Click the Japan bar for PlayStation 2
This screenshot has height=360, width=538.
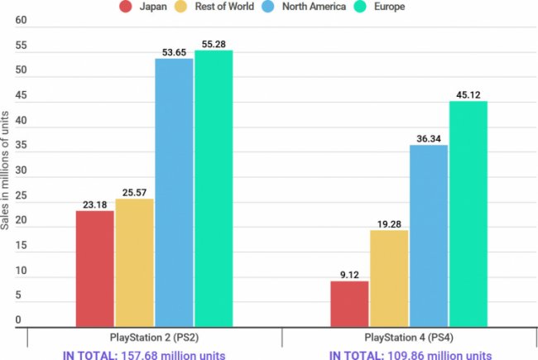click(x=94, y=268)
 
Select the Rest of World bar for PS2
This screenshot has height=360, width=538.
click(x=134, y=262)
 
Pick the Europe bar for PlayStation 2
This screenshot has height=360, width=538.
click(x=214, y=188)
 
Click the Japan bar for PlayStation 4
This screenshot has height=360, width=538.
click(x=349, y=303)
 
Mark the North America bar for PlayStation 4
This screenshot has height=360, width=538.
click(x=429, y=235)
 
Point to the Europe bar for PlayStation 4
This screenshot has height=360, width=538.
click(x=468, y=214)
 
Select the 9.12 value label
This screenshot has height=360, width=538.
click(x=349, y=273)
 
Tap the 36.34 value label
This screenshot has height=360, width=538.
click(x=429, y=137)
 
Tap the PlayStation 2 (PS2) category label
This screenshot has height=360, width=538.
click(x=154, y=339)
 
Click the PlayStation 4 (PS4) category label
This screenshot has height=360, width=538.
click(x=409, y=339)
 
